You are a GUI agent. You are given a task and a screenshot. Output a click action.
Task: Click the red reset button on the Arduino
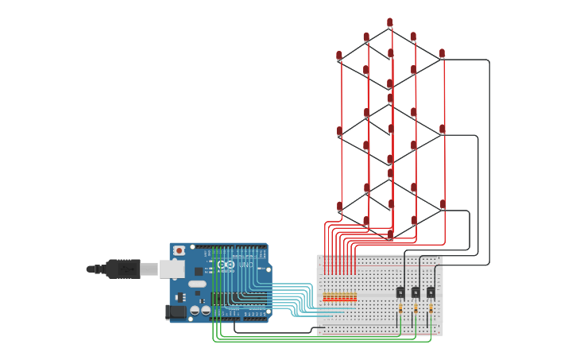pos(180,250)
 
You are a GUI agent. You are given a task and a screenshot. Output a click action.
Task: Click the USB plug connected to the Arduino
pos(123,269)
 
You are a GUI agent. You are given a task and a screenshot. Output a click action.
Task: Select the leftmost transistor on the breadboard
pos(400,292)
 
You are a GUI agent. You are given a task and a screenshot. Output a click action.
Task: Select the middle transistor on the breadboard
pos(416,292)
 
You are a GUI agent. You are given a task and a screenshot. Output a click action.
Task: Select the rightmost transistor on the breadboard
pos(431,292)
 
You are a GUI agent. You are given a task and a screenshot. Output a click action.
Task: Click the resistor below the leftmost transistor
pos(400,308)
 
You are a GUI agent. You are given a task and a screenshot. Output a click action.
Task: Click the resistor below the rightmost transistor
pos(431,308)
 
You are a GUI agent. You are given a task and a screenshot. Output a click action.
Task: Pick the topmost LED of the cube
pos(390,23)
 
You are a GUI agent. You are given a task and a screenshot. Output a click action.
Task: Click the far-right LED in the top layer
pos(443,54)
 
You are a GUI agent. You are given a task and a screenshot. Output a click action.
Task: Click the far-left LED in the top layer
pos(339,56)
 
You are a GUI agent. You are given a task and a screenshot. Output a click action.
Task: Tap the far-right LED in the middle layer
pos(443,129)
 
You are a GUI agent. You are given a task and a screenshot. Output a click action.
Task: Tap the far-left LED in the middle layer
pos(339,131)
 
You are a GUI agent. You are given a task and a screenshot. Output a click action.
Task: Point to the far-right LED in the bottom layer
pos(443,204)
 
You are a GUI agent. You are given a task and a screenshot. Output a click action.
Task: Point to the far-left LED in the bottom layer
pos(339,207)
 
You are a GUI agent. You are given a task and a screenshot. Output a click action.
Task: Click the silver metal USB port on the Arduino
pos(172,269)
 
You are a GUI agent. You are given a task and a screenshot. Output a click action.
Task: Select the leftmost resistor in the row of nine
pos(325,297)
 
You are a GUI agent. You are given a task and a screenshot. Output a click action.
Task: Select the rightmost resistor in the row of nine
pos(354,297)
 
